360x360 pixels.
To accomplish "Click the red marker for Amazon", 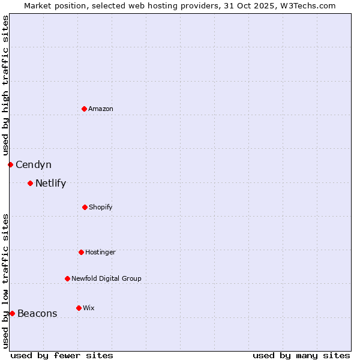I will (x=85, y=109).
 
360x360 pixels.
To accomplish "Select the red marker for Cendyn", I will (x=10, y=164).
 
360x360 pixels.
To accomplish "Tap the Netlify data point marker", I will (x=30, y=183).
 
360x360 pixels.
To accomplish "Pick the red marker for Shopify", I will (x=85, y=207).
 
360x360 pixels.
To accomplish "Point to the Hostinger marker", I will (x=81, y=252).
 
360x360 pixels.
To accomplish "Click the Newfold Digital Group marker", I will (x=67, y=278).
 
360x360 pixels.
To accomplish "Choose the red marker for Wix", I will (x=79, y=308).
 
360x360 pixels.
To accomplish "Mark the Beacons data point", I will (x=12, y=313).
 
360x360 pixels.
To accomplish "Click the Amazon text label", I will (x=101, y=109).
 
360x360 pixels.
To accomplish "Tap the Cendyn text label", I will (x=34, y=164).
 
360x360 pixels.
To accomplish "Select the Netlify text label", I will (x=50, y=183).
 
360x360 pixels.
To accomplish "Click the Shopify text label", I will (x=101, y=207).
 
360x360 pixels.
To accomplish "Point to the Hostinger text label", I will (x=100, y=252).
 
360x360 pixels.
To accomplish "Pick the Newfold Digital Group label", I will (x=106, y=278).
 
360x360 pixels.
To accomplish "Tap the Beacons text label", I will (x=37, y=313).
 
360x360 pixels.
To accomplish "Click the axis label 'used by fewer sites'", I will (x=62, y=355).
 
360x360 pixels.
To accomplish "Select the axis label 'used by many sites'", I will (x=301, y=355).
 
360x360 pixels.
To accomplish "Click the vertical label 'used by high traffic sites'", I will (x=5, y=86).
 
